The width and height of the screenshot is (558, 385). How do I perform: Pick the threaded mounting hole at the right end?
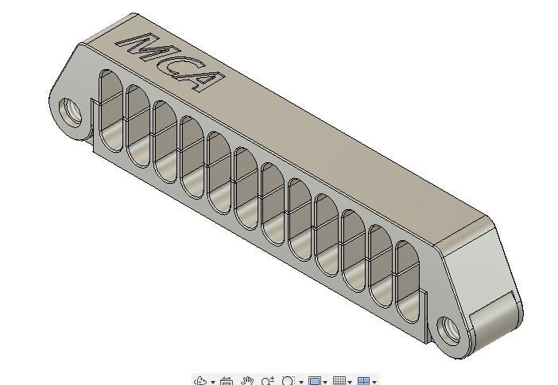click(x=449, y=328)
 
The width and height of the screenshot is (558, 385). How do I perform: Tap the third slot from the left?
click(x=165, y=142)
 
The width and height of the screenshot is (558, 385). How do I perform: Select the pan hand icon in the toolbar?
click(x=247, y=381)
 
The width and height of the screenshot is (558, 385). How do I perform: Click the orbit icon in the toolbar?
click(x=201, y=381)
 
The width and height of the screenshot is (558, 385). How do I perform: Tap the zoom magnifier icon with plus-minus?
click(x=267, y=381)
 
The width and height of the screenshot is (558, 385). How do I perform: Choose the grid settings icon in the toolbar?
click(x=339, y=381)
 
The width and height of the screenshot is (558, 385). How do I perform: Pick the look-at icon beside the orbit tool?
click(x=226, y=381)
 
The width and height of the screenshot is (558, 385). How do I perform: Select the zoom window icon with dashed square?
click(x=289, y=381)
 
